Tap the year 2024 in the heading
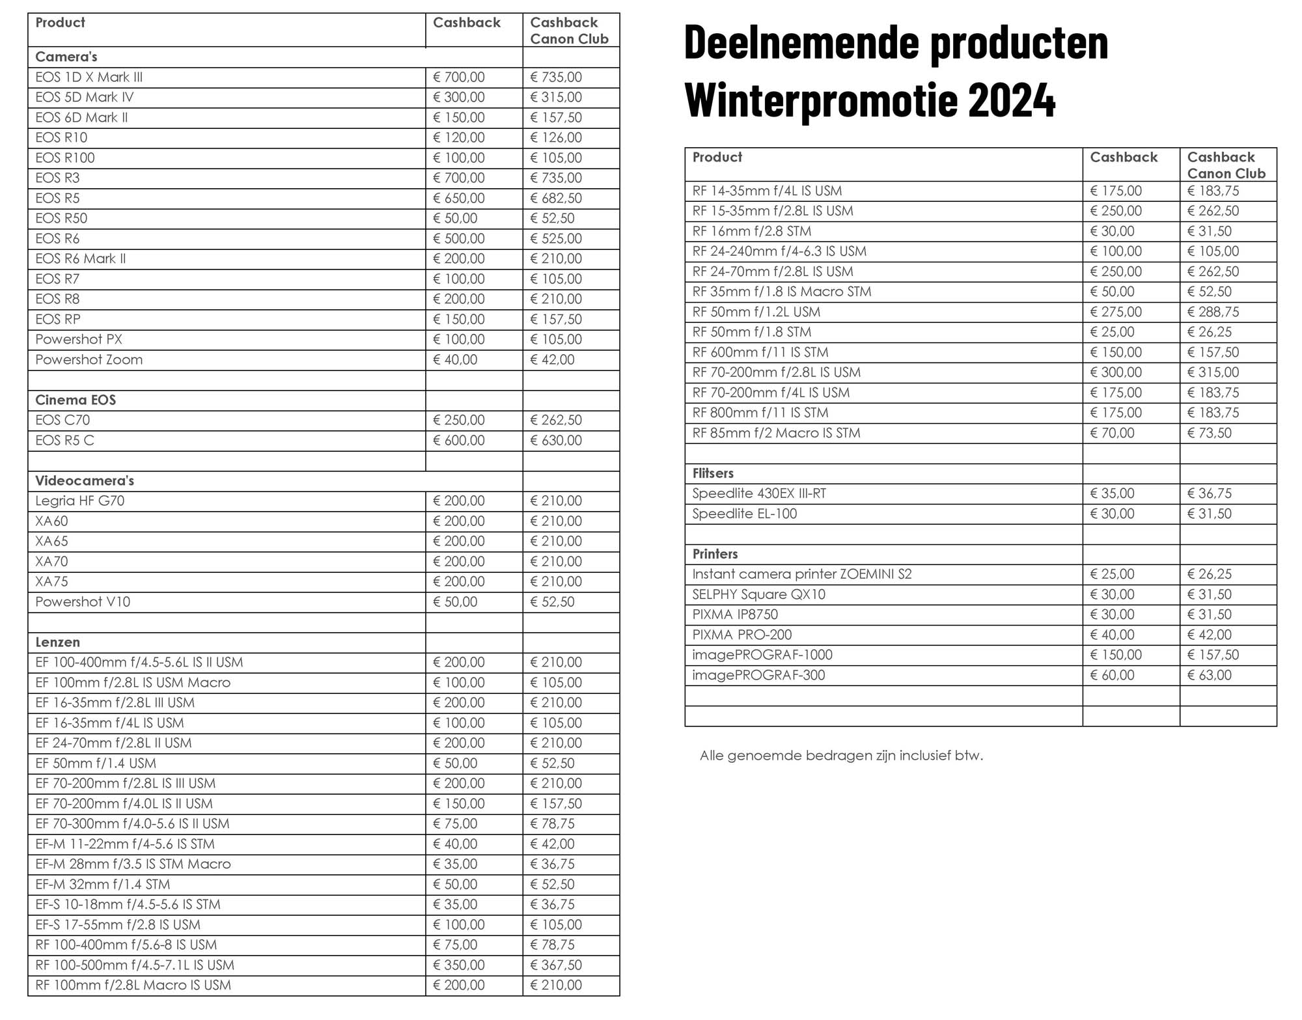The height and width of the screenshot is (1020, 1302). click(1012, 101)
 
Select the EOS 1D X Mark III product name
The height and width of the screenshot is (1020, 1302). click(89, 77)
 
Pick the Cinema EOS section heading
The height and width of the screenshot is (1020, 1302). click(76, 400)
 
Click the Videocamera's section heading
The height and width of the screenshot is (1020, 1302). click(85, 481)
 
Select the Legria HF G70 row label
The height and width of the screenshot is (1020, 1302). click(79, 501)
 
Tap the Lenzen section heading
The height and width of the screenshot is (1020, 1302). click(57, 642)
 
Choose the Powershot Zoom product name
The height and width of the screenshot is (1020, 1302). click(89, 360)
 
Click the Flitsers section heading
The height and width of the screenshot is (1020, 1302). click(713, 474)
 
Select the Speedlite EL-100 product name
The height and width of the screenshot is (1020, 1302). click(744, 514)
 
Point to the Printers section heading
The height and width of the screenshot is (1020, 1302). click(715, 555)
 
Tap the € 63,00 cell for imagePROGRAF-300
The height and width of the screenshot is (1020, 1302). click(1209, 676)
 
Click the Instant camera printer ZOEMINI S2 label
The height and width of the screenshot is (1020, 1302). click(801, 575)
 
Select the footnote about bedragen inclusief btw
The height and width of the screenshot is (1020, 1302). click(840, 756)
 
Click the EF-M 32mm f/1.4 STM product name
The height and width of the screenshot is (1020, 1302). click(102, 885)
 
